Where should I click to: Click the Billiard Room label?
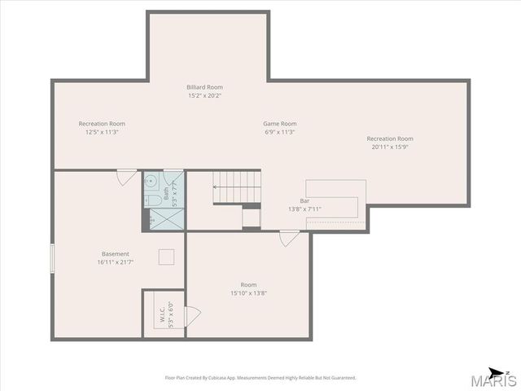coord(205,87)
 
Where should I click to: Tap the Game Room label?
coord(279,124)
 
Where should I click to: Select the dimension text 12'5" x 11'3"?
coord(102,132)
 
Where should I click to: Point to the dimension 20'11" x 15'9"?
coord(390,147)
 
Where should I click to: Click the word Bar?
coord(305,200)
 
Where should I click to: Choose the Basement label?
coord(116,253)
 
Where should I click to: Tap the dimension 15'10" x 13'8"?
coord(248,293)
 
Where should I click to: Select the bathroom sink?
coord(152,181)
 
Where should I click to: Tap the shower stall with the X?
coord(166,217)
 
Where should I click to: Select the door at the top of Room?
coord(289,238)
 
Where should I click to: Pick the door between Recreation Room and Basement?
coord(126,177)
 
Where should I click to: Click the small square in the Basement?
coord(166,256)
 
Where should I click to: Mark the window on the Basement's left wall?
coord(52,259)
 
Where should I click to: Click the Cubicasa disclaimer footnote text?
coord(260,378)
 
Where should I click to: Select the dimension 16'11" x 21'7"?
coord(116,262)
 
